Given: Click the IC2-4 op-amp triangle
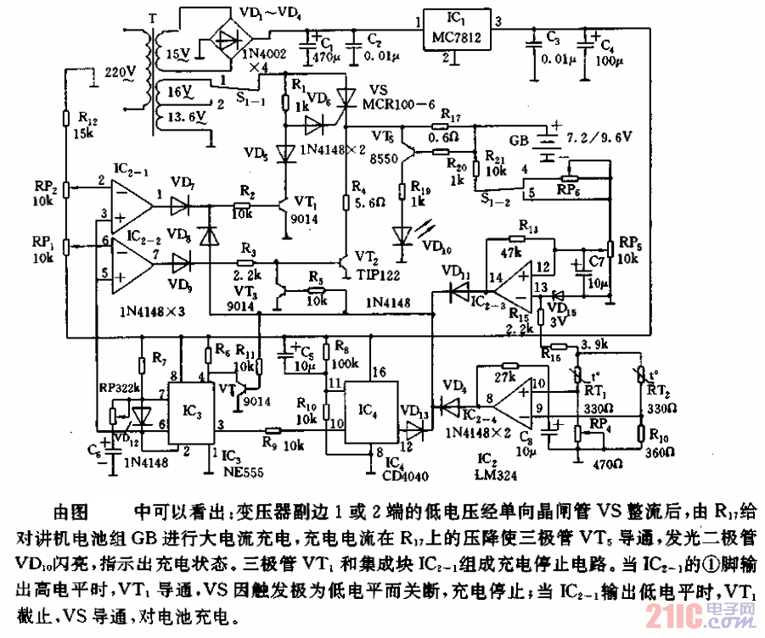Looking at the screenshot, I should tap(514, 398).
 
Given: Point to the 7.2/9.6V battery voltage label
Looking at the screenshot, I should tap(603, 135).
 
